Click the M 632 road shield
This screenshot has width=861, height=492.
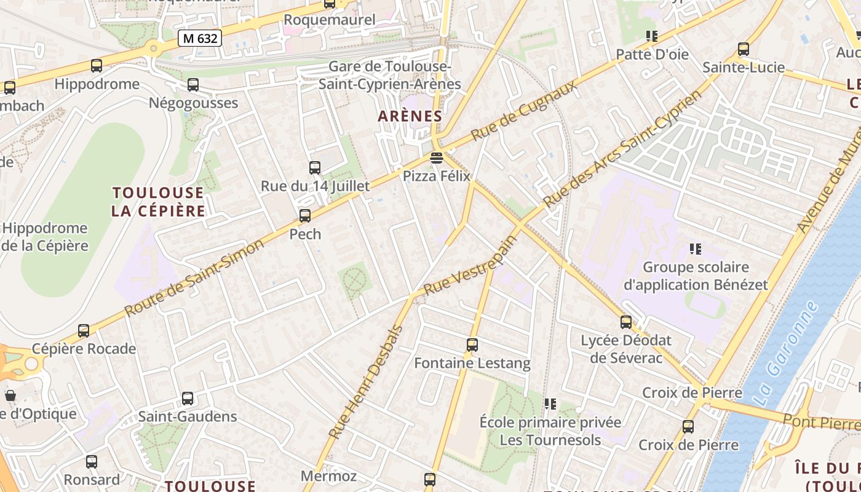coord(200,38)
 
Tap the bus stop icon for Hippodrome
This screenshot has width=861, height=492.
coord(97,66)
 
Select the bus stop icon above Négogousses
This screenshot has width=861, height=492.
coord(193,85)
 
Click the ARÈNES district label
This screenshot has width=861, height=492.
coord(410,116)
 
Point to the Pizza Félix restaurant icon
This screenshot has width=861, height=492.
coord(437,158)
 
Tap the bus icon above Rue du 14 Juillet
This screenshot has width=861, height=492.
coord(315,167)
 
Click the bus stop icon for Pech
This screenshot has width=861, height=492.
coord(305,216)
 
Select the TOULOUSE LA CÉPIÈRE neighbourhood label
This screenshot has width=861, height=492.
coord(159,202)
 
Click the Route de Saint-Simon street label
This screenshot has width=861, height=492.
coord(194,278)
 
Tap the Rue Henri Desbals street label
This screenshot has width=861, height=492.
coord(365,383)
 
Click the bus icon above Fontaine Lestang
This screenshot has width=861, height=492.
coord(472,345)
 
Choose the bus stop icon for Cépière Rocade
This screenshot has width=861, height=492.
coord(84,331)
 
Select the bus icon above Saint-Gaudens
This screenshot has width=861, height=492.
coord(188,399)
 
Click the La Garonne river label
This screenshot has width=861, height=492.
coord(787,353)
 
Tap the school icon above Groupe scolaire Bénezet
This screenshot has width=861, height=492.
coord(696,249)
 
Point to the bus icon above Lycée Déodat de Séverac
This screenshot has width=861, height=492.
coord(626,322)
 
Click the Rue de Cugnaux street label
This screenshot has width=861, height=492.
coord(525,110)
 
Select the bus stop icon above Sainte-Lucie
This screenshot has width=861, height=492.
coord(744,49)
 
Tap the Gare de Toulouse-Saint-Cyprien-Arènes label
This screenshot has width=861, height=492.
coord(390,75)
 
